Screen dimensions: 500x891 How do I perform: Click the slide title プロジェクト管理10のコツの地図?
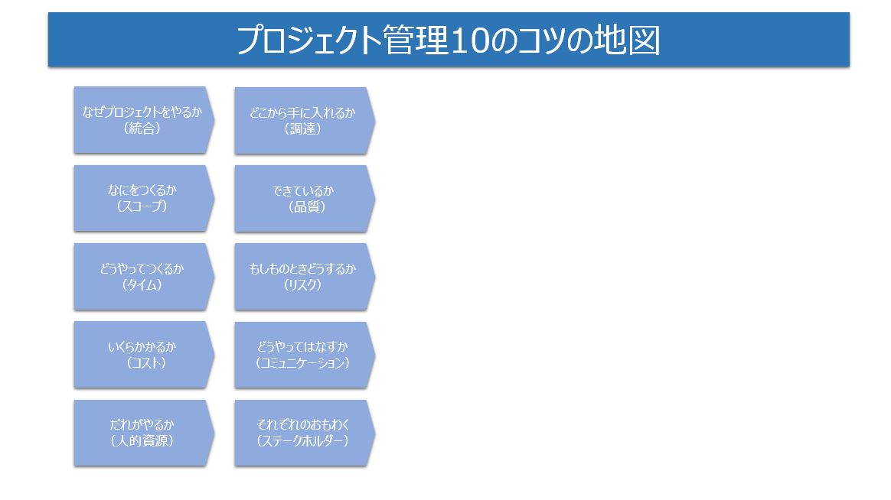(x=448, y=41)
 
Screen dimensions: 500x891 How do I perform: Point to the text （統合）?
(x=142, y=129)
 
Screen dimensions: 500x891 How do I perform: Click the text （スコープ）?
(x=142, y=207)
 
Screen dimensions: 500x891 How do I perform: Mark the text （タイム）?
(x=142, y=286)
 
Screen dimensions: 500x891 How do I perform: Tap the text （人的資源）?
(x=142, y=441)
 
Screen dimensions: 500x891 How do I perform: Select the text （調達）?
(x=302, y=129)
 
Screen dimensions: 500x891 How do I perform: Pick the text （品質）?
(x=307, y=207)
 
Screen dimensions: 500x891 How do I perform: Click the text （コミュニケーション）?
(x=302, y=363)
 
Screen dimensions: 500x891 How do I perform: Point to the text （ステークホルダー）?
(x=302, y=441)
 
